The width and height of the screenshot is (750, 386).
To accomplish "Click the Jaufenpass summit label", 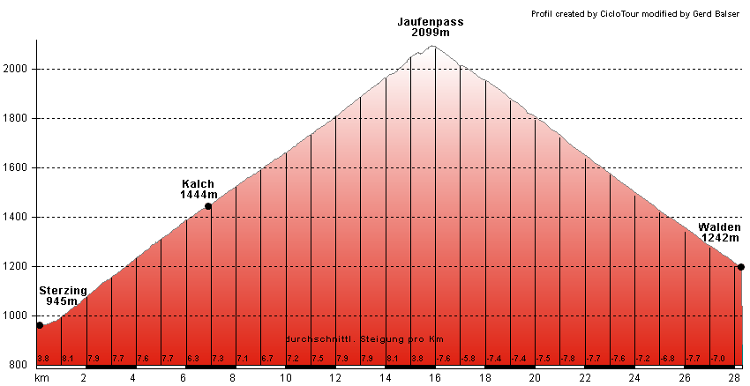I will click(431, 22).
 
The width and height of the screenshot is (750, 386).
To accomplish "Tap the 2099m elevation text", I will click(431, 33).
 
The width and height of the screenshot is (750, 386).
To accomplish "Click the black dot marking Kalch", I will click(208, 206).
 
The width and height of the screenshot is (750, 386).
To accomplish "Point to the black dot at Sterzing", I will click(40, 325).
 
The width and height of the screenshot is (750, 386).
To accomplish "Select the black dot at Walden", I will click(741, 267).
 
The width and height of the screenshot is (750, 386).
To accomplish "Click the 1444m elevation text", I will click(199, 195).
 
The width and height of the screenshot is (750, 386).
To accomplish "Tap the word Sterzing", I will click(63, 290).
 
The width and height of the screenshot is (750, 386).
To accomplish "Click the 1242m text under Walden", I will click(720, 238).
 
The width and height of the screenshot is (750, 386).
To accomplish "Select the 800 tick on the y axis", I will click(18, 365).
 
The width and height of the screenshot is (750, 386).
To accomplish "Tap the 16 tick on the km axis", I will click(434, 378).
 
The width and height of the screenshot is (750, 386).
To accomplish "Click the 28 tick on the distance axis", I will click(734, 378).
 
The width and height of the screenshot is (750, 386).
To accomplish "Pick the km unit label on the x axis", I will click(41, 378).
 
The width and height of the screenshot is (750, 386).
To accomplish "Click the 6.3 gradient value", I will click(193, 358).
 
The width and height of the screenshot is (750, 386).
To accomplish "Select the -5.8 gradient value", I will click(469, 358).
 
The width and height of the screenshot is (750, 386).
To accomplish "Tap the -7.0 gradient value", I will click(717, 358).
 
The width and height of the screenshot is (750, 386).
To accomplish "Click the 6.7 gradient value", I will click(267, 358).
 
